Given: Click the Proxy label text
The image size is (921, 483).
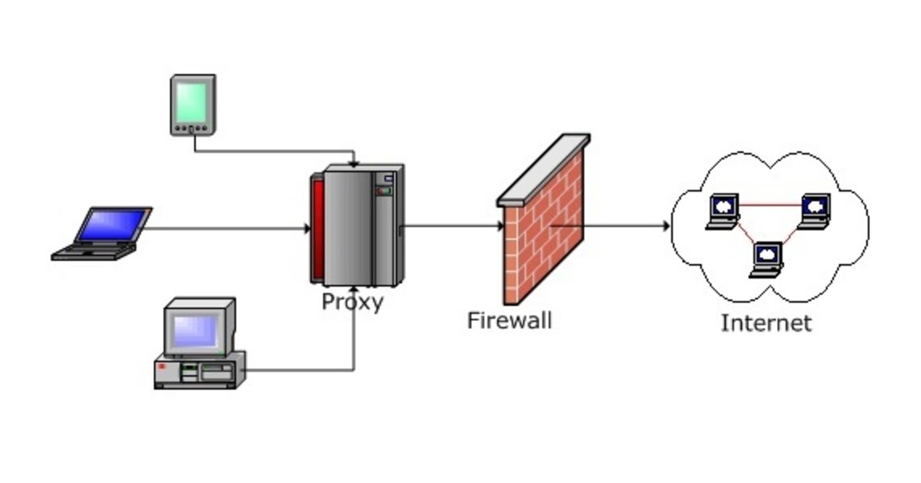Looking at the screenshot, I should tap(352, 302).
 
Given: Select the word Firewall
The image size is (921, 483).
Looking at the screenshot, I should tap(509, 320).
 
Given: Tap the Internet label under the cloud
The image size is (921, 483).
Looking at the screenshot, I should tap(765, 324).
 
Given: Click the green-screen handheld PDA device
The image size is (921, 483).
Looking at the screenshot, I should tap(193, 104).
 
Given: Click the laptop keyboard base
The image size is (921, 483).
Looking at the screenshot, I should tap(93, 252).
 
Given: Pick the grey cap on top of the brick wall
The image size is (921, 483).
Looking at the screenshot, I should tap(543, 170).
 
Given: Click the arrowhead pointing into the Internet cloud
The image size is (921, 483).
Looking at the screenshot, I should tap(666, 226).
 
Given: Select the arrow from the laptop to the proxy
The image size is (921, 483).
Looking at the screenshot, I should tap(226, 229).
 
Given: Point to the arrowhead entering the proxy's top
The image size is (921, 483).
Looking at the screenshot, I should tap(354, 164).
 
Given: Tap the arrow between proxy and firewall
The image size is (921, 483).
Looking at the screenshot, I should tap(451, 226).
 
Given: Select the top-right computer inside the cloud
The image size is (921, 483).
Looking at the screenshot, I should tap(815, 210).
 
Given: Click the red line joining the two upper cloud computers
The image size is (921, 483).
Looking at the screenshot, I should tap(770, 205).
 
